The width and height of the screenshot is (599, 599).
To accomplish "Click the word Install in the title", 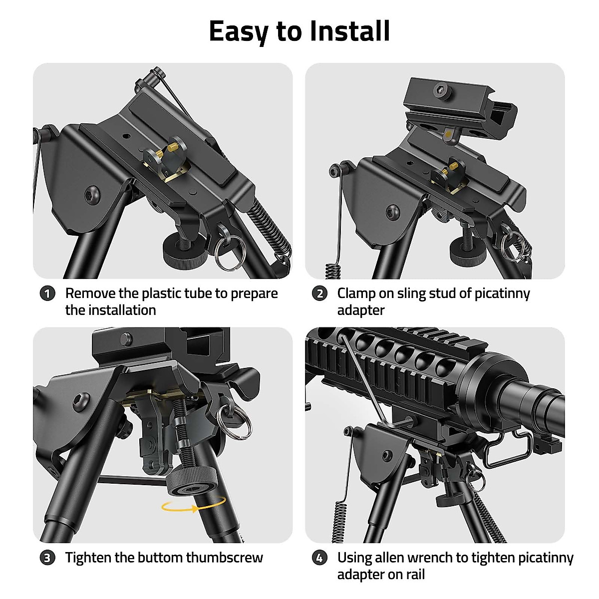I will pos(349,31).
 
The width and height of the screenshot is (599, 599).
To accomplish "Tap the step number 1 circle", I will pos(47,294).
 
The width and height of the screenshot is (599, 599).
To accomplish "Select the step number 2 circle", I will pos(320,294).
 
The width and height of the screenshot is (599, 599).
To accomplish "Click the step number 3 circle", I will pos(47,558).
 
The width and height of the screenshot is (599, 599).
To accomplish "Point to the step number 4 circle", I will pos(320,558).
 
